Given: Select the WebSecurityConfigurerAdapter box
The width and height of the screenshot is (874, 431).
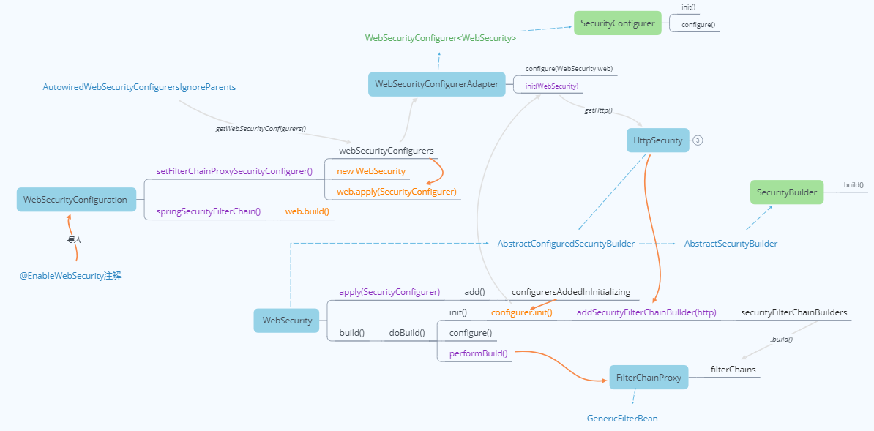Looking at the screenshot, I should (x=436, y=84).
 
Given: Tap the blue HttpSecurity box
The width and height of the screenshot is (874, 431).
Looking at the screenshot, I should (x=657, y=140).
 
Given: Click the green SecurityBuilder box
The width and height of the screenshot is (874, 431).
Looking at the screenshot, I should (x=787, y=192).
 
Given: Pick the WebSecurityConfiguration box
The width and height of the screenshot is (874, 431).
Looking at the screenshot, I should (x=75, y=199).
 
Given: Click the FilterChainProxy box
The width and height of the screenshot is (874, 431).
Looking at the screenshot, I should (x=649, y=378).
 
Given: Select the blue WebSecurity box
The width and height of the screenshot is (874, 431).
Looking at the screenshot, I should (x=287, y=320).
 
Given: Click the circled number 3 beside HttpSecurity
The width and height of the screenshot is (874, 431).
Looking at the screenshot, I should (x=698, y=140).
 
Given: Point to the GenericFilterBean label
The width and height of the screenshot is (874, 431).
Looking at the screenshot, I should (x=622, y=419).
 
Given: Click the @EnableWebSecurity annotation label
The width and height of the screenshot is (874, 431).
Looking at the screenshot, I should (x=70, y=276).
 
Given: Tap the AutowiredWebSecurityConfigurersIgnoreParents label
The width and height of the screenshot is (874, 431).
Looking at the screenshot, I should (x=139, y=87).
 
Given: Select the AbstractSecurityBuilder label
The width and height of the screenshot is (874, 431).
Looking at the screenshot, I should (x=731, y=244).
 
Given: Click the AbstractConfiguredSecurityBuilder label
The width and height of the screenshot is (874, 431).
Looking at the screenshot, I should (x=566, y=244).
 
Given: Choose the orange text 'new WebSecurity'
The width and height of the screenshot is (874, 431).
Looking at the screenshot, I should (x=370, y=171).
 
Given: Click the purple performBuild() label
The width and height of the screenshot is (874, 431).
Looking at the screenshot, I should (x=478, y=353).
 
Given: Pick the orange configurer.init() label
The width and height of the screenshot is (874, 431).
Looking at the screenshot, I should (x=521, y=312).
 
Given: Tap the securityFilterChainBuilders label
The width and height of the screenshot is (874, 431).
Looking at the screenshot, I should (x=793, y=312).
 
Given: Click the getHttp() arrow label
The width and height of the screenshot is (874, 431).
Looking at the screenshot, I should (x=598, y=110).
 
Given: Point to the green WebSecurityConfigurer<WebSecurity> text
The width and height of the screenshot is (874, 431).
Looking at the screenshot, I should (x=441, y=38).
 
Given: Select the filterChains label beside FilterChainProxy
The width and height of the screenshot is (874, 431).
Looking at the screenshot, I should (x=733, y=370).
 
